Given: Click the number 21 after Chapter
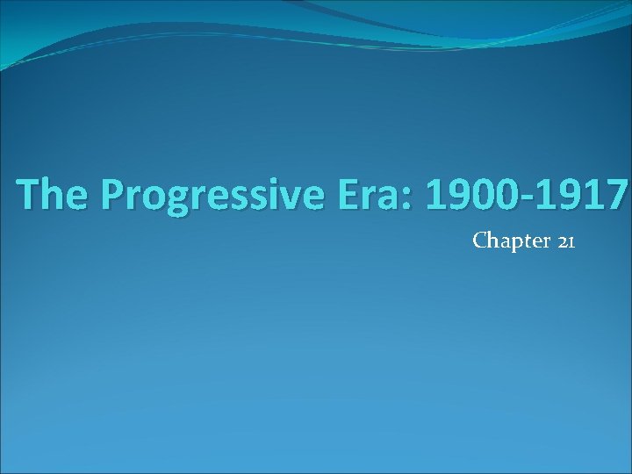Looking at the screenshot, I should click(x=565, y=241).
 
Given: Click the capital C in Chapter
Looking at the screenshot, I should click(x=479, y=241).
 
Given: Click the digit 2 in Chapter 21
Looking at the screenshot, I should click(x=562, y=241).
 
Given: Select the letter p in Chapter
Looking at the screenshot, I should click(x=513, y=243).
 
